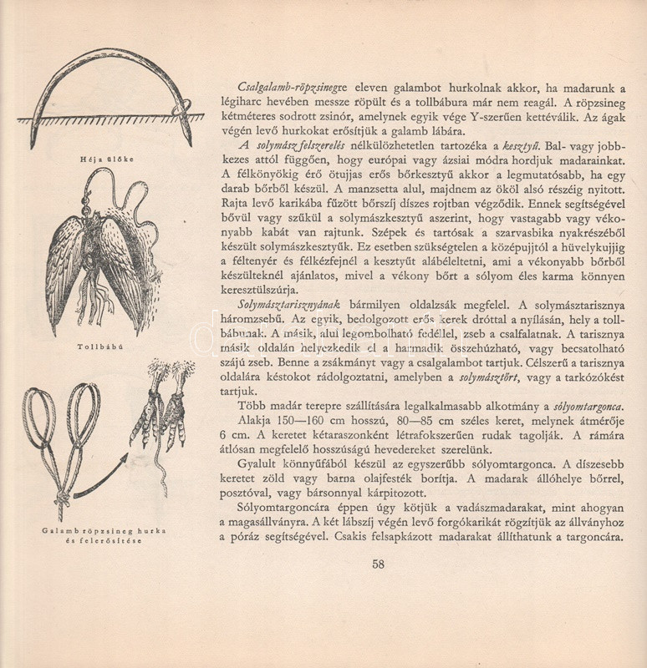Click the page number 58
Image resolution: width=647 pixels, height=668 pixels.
click(x=378, y=564)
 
